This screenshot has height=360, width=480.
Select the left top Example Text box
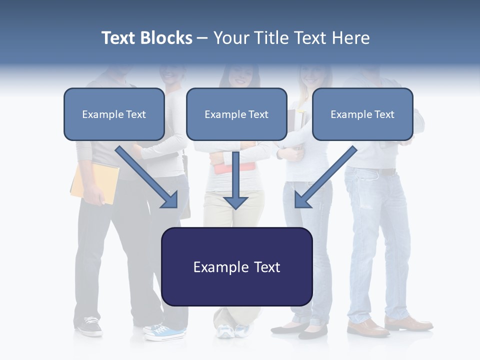pos(114,114)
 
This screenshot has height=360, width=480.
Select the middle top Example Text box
pos(236,114)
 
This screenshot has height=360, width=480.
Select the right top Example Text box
pos(362,114)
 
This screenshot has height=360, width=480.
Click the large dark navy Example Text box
pos(236,267)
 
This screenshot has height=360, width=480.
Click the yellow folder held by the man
pos(95,182)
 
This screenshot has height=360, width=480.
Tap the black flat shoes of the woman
pos(300,328)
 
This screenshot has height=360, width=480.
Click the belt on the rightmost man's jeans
pos(382,171)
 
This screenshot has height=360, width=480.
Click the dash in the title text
pos(202,38)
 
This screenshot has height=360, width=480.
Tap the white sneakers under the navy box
pos(232,330)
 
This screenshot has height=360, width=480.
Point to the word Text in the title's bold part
pos(119,38)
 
